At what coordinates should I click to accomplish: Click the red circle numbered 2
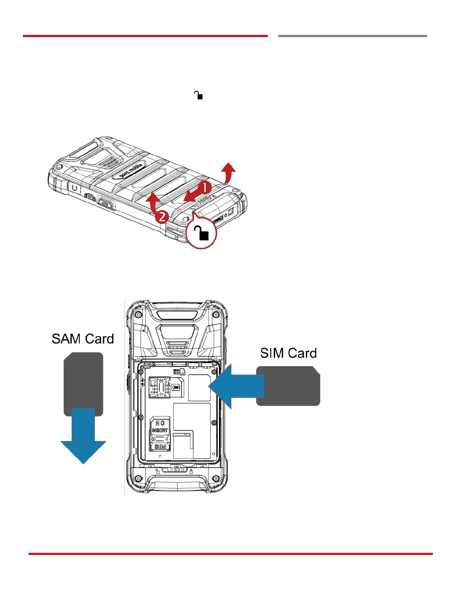(161, 217)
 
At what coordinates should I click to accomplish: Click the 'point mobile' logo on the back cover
(130, 171)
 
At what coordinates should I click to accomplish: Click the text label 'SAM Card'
(83, 339)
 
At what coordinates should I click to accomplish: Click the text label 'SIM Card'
(288, 353)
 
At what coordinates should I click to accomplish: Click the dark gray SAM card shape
(83, 379)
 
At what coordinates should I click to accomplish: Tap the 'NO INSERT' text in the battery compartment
(160, 426)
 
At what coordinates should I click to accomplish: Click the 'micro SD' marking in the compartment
(176, 372)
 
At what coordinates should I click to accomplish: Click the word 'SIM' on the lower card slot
(160, 447)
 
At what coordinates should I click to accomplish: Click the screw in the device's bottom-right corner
(216, 478)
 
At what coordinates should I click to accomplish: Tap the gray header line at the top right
(352, 36)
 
